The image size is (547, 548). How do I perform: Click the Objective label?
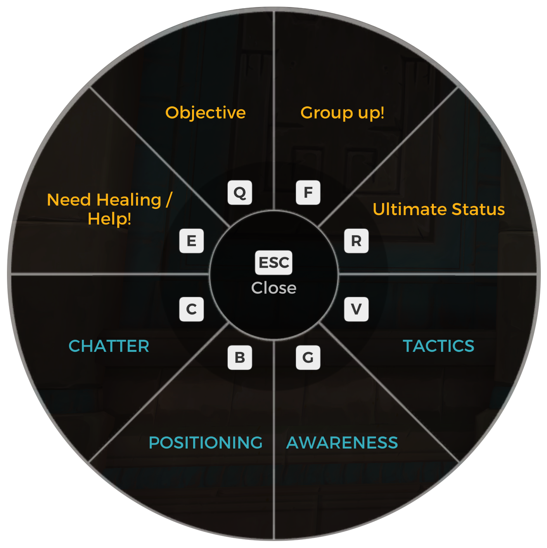(x=205, y=113)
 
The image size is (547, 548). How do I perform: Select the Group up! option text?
(x=342, y=113)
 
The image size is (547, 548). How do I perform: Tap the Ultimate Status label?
(x=438, y=209)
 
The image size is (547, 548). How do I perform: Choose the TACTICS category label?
(x=438, y=346)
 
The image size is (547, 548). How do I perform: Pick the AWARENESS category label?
(x=342, y=443)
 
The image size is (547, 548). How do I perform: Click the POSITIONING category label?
(x=206, y=443)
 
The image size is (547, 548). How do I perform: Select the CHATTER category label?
(x=109, y=346)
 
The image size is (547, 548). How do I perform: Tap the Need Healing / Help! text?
(x=109, y=209)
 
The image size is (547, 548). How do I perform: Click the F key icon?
(x=308, y=193)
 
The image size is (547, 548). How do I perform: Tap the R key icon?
(x=356, y=241)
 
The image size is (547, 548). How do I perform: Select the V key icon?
(x=356, y=309)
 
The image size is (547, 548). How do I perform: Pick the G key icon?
(x=308, y=357)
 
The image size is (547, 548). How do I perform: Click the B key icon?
(x=240, y=357)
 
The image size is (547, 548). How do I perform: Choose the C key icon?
(x=191, y=309)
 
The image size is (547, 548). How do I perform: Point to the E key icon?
(x=191, y=241)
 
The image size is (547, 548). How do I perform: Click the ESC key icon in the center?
(x=273, y=263)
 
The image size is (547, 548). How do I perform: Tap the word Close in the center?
(x=273, y=288)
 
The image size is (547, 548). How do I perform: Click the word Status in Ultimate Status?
(x=478, y=209)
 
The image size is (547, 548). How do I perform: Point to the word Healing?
(x=129, y=200)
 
